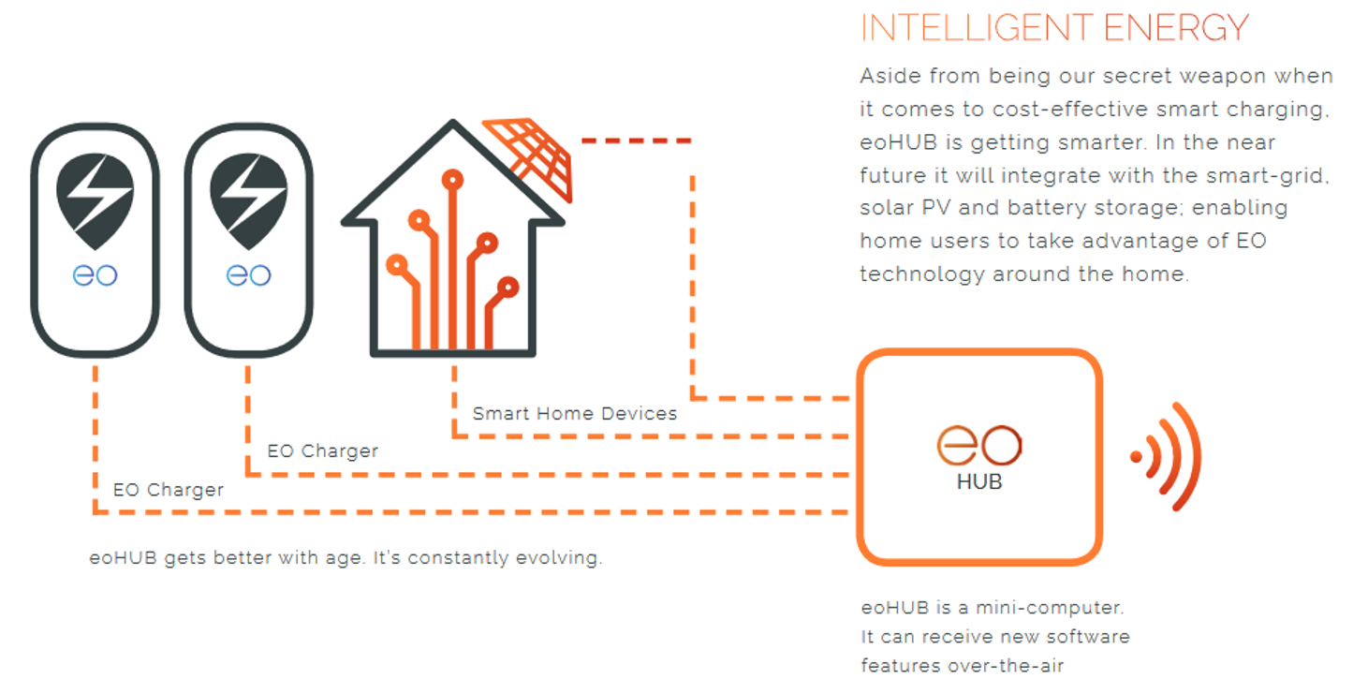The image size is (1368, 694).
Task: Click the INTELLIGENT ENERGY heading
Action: coord(1054,28)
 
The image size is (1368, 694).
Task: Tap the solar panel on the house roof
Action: coord(530,157)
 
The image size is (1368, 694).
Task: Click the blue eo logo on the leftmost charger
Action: coord(95,275)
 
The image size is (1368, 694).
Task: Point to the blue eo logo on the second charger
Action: coord(248,275)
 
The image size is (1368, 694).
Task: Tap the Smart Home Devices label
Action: coord(575,414)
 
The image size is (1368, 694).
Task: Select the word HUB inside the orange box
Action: coord(979,482)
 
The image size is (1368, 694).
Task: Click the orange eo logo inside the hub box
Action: coord(979,445)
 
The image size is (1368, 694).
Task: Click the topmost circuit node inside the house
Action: coord(452,180)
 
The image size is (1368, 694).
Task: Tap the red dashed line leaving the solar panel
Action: coord(637,140)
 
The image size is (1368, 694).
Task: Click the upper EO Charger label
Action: coord(322,451)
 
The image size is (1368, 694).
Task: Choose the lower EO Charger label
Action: coord(168,490)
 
